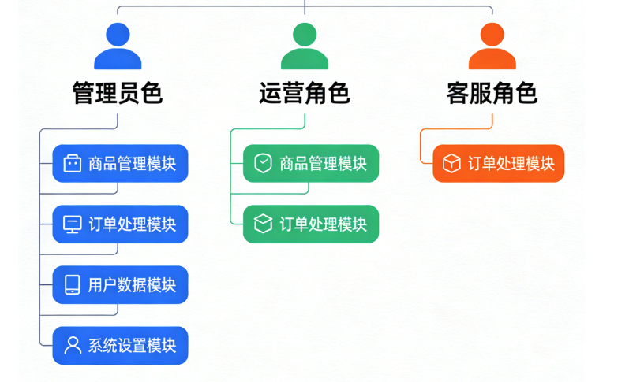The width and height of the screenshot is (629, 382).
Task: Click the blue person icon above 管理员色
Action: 118,46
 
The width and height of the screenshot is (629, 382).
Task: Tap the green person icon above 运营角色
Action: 305,46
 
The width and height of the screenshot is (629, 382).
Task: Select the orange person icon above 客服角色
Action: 492,46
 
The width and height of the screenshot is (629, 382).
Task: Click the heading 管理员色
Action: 118,93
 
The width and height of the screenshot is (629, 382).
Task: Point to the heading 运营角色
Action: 305,93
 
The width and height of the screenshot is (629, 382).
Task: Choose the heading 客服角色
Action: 492,93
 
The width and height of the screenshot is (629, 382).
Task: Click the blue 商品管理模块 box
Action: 120,164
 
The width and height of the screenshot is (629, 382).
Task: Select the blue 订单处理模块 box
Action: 120,224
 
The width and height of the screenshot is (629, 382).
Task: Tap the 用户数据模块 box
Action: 120,285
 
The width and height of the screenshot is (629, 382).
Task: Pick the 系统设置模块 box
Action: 120,346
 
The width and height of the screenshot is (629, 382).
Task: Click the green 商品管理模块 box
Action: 310,164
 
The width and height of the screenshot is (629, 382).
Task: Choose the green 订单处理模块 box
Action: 310,224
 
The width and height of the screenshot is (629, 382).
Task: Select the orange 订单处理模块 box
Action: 498,164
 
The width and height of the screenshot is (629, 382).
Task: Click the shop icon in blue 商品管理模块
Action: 73,164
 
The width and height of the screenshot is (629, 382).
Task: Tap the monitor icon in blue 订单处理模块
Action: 73,224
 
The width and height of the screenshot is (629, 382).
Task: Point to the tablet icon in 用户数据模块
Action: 73,285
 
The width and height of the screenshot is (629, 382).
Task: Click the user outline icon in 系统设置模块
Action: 73,346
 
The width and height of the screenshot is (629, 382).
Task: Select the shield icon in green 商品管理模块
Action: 263,164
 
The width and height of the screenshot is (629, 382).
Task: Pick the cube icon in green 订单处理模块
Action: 263,224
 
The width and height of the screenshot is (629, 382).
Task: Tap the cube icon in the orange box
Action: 451,164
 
